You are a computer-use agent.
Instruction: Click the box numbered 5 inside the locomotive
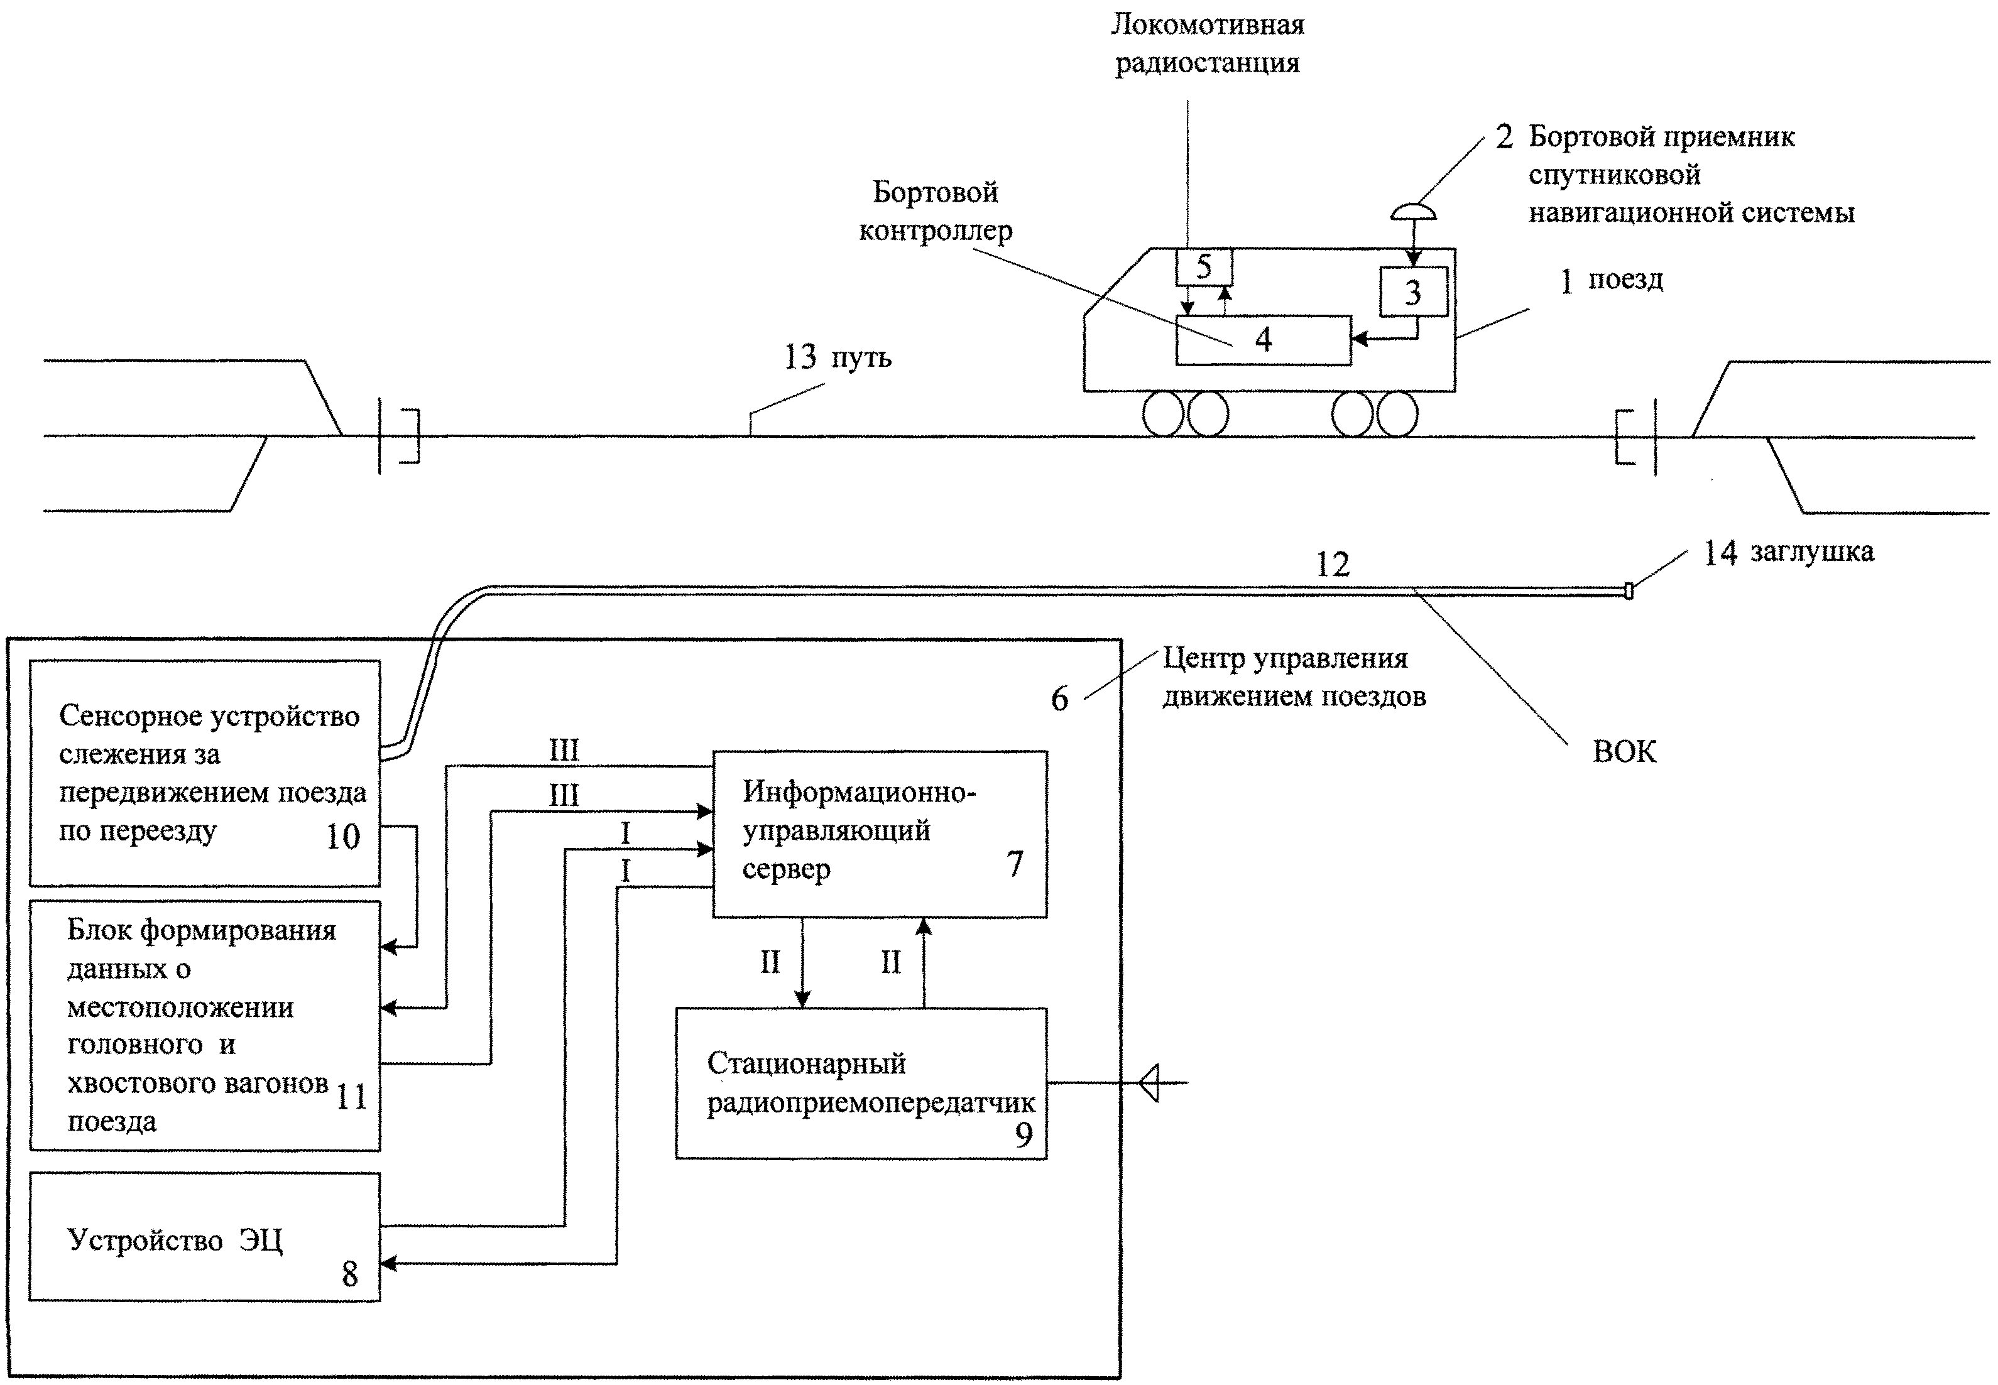click(1203, 266)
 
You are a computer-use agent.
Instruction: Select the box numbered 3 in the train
click(1413, 291)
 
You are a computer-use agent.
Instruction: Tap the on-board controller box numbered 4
click(1263, 340)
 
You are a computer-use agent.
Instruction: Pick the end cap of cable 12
click(1629, 592)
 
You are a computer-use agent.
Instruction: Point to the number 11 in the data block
click(351, 1097)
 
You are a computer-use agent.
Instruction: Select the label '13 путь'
click(838, 357)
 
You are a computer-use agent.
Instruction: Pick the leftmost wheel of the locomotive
click(1163, 415)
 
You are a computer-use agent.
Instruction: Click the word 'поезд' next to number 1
click(1625, 280)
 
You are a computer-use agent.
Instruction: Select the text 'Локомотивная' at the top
click(1208, 25)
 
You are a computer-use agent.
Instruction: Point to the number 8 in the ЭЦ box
click(350, 1274)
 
